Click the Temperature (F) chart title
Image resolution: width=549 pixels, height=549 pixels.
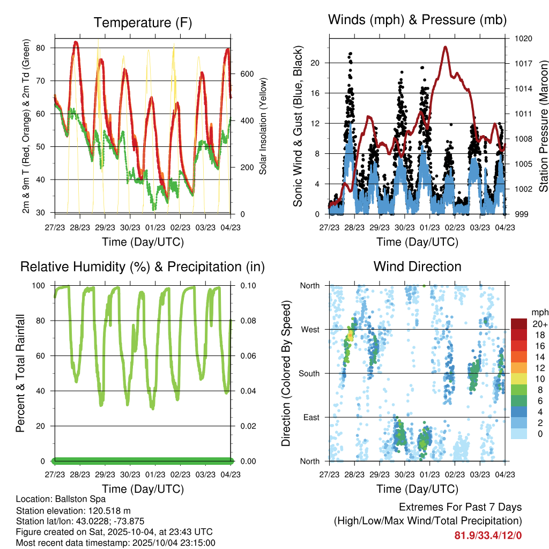coord(143,23)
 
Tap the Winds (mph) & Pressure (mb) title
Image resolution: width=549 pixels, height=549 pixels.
coord(417,20)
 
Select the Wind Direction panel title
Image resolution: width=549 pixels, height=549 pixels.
coord(417,266)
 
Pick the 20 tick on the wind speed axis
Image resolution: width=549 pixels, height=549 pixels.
coord(315,63)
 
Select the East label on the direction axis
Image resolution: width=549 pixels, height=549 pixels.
coord(310,417)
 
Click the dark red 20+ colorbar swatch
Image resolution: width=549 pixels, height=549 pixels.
coord(519,324)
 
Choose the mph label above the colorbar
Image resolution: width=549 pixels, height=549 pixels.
coord(539,312)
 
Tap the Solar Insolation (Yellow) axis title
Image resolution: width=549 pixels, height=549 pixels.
coord(263,126)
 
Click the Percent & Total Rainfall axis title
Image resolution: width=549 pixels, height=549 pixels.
coord(20,373)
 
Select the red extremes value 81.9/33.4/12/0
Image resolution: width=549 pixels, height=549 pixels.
coord(488,535)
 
